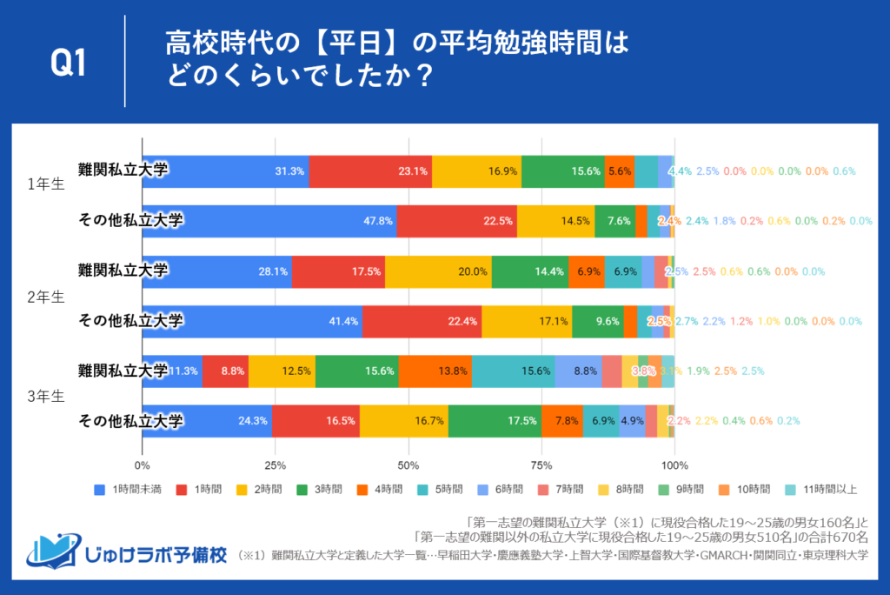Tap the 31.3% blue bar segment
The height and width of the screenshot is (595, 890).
225,171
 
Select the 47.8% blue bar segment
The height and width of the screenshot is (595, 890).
269,221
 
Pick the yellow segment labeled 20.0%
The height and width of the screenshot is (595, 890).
438,271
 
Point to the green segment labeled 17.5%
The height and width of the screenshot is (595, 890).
495,421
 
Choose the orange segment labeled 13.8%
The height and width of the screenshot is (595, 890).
435,371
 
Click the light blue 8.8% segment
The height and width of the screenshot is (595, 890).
578,371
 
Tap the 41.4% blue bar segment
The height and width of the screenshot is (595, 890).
252,321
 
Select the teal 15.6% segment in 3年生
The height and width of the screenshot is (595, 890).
514,371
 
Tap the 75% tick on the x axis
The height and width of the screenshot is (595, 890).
541,465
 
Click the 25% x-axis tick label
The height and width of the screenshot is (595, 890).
276,465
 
